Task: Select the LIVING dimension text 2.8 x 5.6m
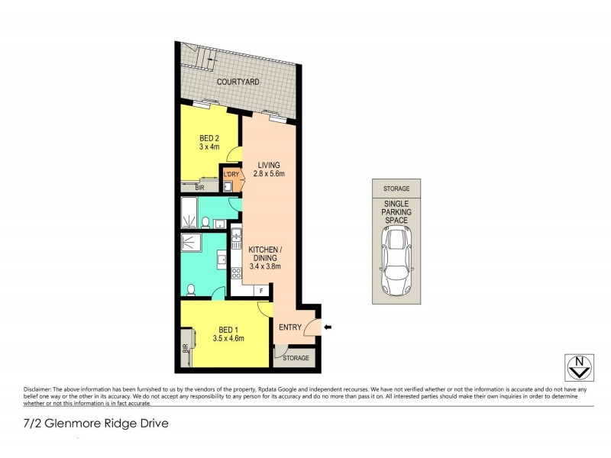point(270,174)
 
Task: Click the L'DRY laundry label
point(231,174)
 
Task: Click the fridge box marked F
point(261,290)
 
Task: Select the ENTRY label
point(290,328)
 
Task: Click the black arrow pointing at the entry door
point(328,328)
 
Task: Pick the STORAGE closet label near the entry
point(296,357)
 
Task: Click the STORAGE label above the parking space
point(396,189)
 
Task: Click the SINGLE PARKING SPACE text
point(396,211)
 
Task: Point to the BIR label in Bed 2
point(199,187)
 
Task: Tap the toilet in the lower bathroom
point(192,289)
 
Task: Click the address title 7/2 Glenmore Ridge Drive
point(96,422)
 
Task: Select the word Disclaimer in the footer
point(40,388)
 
